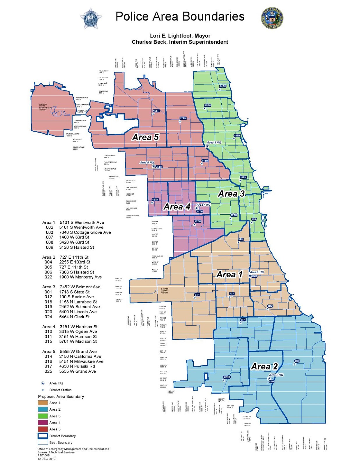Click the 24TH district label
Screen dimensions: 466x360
click(223, 86)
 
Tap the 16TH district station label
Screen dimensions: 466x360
click(156, 111)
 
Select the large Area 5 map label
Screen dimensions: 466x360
click(145, 137)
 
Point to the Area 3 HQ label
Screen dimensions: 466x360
click(214, 142)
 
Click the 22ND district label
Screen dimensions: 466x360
click(227, 377)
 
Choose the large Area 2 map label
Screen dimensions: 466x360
click(264, 366)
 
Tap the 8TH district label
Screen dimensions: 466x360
click(197, 295)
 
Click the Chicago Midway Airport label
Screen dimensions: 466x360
click(164, 291)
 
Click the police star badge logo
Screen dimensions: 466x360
click(91, 19)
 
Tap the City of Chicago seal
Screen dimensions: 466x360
click(272, 18)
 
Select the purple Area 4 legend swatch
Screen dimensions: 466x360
click(43, 422)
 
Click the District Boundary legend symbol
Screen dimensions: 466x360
click(43, 436)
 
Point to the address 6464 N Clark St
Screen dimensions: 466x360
click(74, 317)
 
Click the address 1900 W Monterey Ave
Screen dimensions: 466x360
click(80, 277)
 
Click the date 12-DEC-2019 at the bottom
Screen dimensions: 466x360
click(46, 458)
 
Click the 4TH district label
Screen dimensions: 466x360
click(297, 361)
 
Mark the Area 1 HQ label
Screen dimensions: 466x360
click(257, 272)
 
